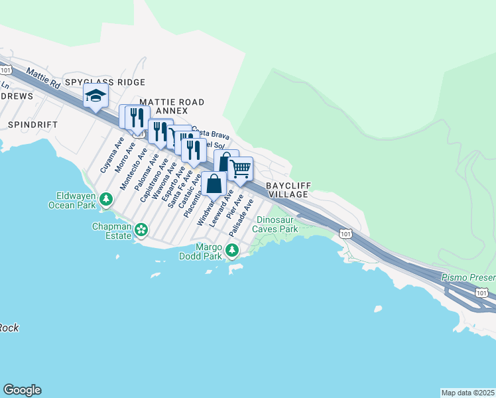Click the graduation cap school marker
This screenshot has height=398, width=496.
pyautogui.click(x=95, y=96)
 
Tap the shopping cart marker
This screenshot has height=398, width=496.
pyautogui.click(x=241, y=168)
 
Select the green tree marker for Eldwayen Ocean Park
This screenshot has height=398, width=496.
pyautogui.click(x=105, y=198)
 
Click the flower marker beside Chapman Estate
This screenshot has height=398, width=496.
pyautogui.click(x=141, y=230)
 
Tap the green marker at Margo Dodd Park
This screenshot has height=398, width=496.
pyautogui.click(x=231, y=250)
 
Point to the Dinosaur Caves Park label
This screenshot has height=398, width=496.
pyautogui.click(x=277, y=224)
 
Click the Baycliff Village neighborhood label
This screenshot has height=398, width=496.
pyautogui.click(x=287, y=190)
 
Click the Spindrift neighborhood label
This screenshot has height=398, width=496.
pyautogui.click(x=33, y=124)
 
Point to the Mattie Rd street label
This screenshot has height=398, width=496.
pyautogui.click(x=44, y=78)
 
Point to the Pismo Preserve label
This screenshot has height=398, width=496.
pyautogui.click(x=468, y=275)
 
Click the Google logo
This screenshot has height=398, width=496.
pyautogui.click(x=22, y=390)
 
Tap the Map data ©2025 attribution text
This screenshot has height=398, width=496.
pyautogui.click(x=467, y=393)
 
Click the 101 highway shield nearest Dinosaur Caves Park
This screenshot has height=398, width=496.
pyautogui.click(x=345, y=233)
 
